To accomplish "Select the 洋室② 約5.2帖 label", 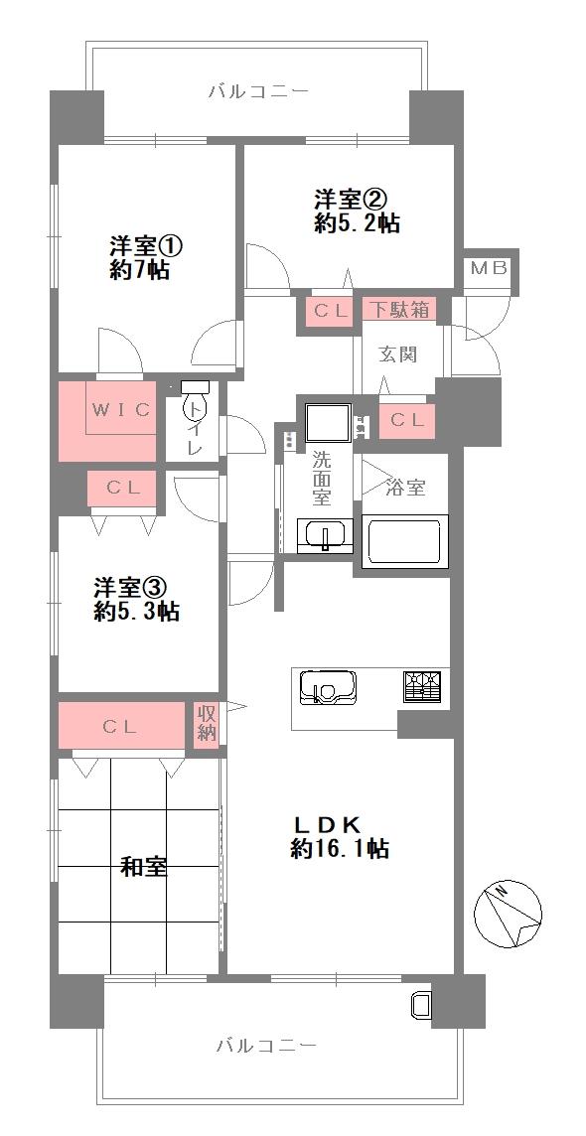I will tap(357, 212).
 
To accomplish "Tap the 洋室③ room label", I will tap(137, 599).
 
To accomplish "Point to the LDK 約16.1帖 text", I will tap(339, 836).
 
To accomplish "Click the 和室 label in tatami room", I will tap(144, 867).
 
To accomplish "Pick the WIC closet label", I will tap(122, 410).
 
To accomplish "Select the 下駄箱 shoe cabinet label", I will tap(400, 309).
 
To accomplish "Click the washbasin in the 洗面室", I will tap(323, 534).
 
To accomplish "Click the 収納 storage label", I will tap(207, 723).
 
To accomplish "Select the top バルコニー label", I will tap(258, 92).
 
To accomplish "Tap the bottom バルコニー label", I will tap(266, 1046).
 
